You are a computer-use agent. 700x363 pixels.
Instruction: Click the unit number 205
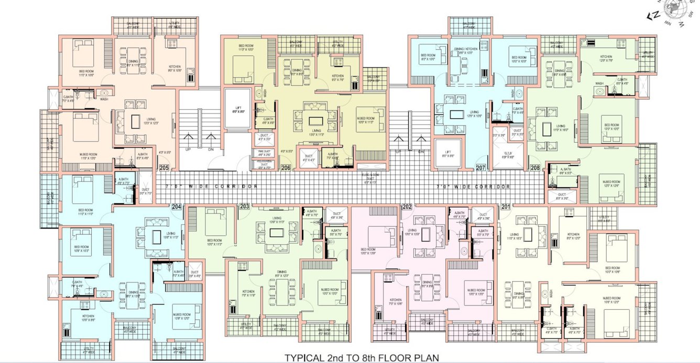[x=164, y=168]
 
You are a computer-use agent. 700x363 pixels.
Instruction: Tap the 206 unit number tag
[x=286, y=168]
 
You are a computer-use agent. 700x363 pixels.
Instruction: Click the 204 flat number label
[x=177, y=207]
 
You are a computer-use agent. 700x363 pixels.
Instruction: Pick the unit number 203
[x=244, y=207]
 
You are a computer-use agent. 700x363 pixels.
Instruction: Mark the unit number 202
[x=407, y=207]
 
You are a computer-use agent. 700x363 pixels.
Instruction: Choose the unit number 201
[x=505, y=207]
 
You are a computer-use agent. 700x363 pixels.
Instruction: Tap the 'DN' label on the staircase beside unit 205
[x=211, y=150]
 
